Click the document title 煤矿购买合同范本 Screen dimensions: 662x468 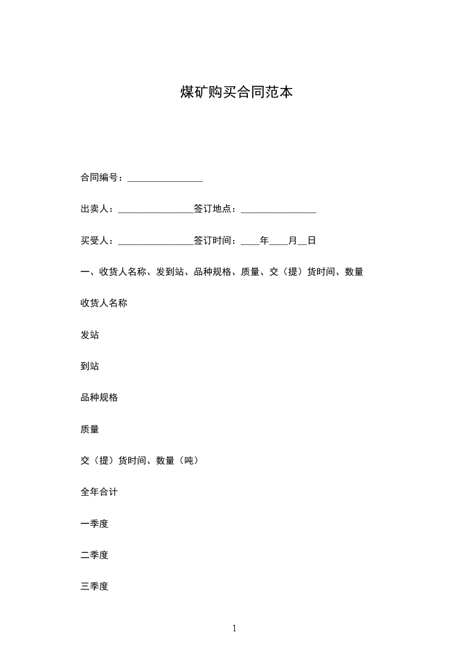[x=236, y=93]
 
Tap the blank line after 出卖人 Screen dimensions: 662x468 [x=156, y=211]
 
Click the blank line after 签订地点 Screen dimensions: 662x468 [x=279, y=211]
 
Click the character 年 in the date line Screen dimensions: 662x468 [x=264, y=241]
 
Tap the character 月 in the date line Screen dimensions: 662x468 [x=293, y=241]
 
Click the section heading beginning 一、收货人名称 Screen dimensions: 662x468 [x=222, y=272]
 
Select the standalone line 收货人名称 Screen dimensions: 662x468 [x=104, y=303]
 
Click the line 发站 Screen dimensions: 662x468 [x=90, y=335]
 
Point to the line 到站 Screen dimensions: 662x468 [x=90, y=366]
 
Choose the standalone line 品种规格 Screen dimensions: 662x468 [x=99, y=398]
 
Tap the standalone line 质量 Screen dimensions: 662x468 [x=90, y=430]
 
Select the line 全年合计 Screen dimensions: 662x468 [x=99, y=492]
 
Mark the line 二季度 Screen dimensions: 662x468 [x=94, y=555]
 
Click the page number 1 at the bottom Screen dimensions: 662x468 [x=234, y=629]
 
